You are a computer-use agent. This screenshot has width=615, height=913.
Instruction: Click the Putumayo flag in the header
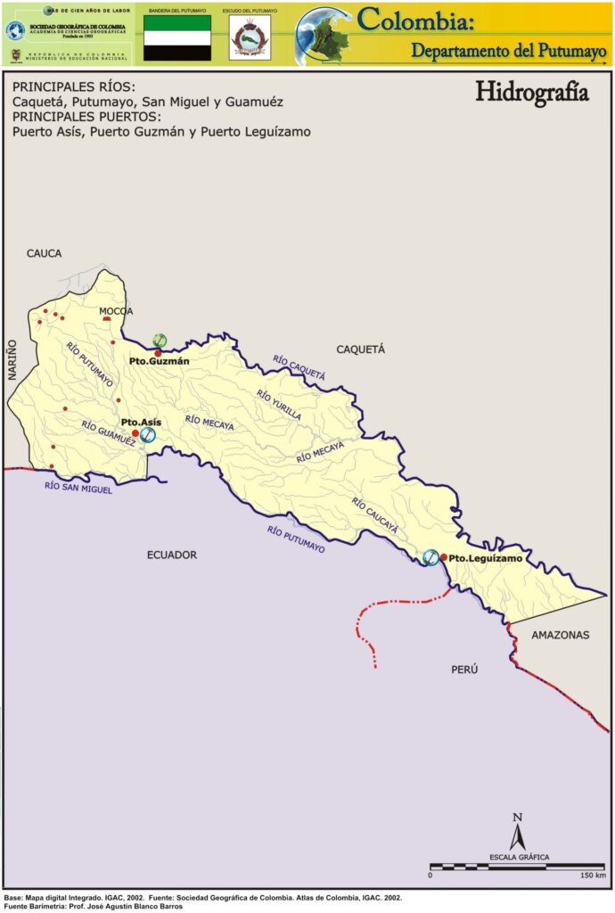[177, 37]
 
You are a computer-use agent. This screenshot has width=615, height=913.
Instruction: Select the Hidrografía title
[531, 93]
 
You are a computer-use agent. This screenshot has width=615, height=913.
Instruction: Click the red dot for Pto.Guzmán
[158, 352]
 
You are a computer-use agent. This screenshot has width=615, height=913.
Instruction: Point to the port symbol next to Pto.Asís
[148, 434]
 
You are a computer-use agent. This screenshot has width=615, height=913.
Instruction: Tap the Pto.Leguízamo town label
[486, 558]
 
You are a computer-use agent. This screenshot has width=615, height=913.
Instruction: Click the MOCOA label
[116, 311]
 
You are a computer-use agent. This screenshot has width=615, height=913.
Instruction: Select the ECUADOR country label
[172, 555]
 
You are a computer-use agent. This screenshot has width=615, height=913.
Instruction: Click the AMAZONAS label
[561, 636]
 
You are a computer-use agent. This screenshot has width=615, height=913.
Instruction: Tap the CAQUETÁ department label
[360, 350]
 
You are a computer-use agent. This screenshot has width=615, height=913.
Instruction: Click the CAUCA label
[45, 253]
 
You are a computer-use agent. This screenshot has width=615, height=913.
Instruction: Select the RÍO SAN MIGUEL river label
[78, 487]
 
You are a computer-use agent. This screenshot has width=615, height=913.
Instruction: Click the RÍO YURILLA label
[278, 405]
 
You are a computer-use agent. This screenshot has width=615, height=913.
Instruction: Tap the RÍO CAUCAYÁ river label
[374, 515]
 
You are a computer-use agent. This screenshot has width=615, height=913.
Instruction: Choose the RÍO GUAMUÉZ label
[108, 432]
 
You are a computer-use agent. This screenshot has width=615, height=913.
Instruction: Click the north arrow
[517, 832]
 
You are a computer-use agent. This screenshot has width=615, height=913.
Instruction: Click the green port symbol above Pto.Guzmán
[160, 340]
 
